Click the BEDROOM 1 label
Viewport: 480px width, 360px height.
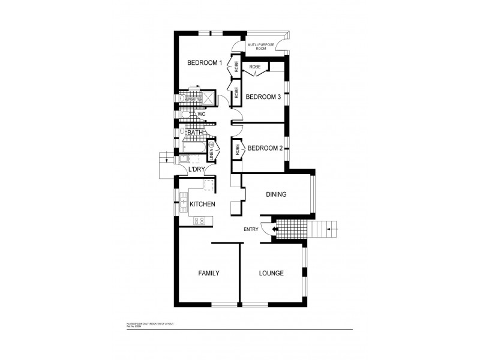205,63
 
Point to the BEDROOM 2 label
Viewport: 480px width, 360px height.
265,148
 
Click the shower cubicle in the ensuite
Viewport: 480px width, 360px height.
208,98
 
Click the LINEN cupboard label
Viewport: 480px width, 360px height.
211,151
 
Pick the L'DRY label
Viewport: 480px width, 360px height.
197,170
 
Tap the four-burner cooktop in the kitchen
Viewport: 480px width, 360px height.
199,220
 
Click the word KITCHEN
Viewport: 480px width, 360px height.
202,205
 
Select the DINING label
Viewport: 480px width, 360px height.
275,194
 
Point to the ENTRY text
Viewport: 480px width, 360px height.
251,229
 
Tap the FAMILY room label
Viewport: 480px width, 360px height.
208,274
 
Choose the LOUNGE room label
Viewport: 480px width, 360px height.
271,274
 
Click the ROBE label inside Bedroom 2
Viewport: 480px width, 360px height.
238,149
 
